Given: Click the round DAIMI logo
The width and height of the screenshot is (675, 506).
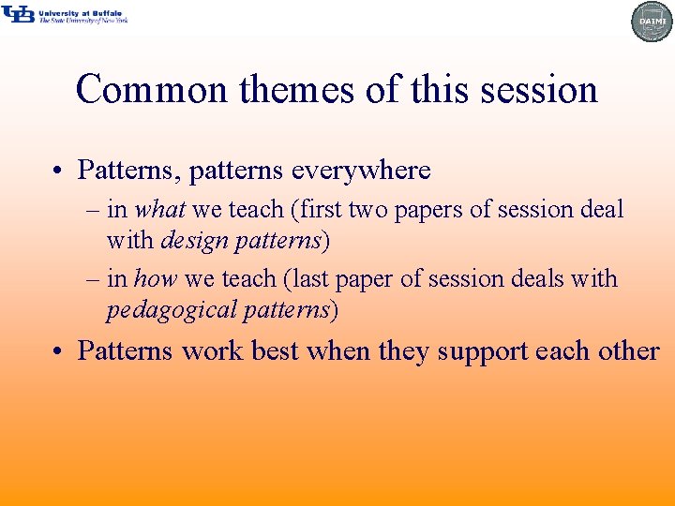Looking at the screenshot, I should [652, 22].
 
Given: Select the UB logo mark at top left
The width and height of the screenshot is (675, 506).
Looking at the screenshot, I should [18, 14].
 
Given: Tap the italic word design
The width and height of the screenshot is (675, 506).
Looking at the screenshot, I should [194, 241].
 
